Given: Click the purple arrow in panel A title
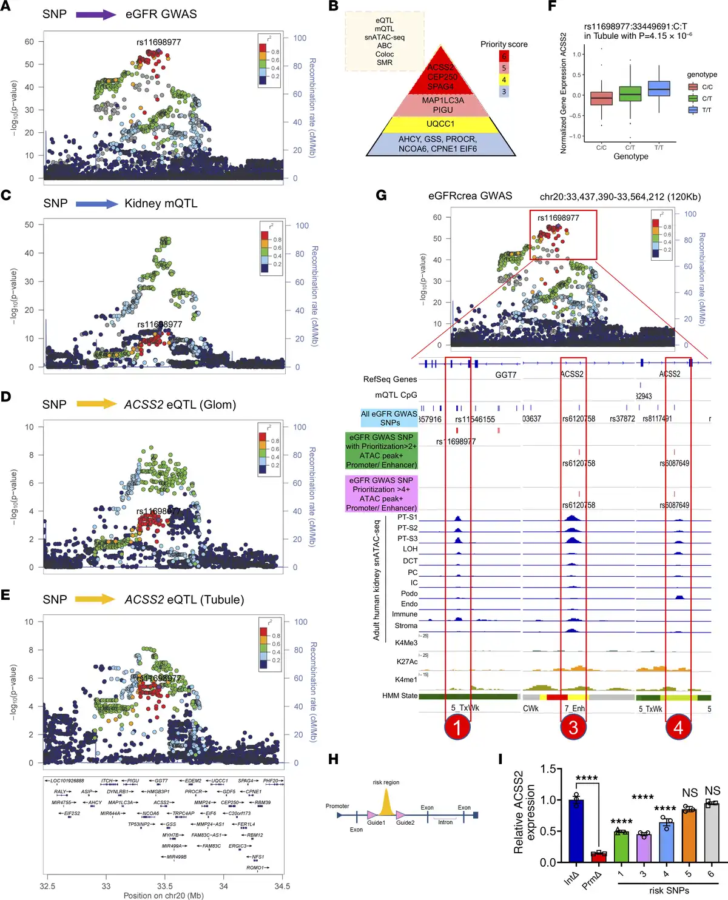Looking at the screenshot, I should point(95,14).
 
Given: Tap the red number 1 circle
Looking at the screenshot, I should point(457,727).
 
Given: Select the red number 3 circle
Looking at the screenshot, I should point(573,727).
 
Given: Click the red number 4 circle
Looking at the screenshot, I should point(678,727).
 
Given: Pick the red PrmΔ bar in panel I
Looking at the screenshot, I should point(599,857).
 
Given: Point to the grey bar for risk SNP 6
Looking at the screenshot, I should point(712,833).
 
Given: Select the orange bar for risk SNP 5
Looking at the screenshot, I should point(689,836).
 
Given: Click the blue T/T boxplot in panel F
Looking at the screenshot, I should point(659,89).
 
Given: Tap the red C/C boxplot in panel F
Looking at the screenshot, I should point(601,98).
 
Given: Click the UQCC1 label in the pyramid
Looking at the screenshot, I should point(440,124).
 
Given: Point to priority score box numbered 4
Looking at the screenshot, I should point(504,79).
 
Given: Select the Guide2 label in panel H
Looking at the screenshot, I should point(405,823).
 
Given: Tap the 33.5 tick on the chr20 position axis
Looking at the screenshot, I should point(165,886).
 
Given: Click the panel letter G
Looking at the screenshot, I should point(382,195).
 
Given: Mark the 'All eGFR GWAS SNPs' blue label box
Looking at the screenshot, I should point(389,418).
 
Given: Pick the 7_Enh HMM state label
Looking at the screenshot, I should point(575,708).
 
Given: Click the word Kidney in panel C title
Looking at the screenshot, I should point(143,204).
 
